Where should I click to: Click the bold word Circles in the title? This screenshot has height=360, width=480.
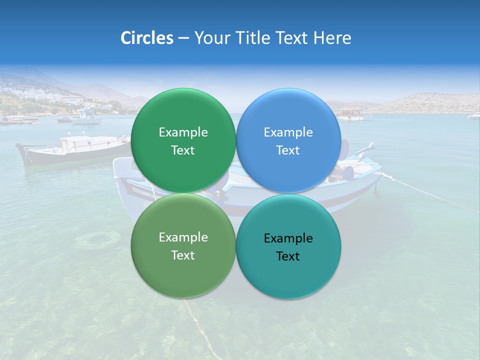[x=146, y=38]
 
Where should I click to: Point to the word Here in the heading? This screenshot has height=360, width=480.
[x=332, y=38]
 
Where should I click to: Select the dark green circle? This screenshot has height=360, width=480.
[x=183, y=140]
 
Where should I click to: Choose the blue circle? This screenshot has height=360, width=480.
[x=288, y=140]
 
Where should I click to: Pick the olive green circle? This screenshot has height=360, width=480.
[x=183, y=246]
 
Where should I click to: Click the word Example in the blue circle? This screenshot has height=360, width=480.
[x=288, y=132]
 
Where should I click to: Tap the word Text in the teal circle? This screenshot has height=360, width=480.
[x=288, y=256]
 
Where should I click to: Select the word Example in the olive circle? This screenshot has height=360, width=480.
[x=183, y=237]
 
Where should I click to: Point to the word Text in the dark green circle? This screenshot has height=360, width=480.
[x=183, y=150]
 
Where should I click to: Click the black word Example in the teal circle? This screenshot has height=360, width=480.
[x=288, y=238]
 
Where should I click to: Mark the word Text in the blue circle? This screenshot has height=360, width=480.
[x=288, y=150]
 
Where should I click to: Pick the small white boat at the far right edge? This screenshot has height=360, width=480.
[x=473, y=116]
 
